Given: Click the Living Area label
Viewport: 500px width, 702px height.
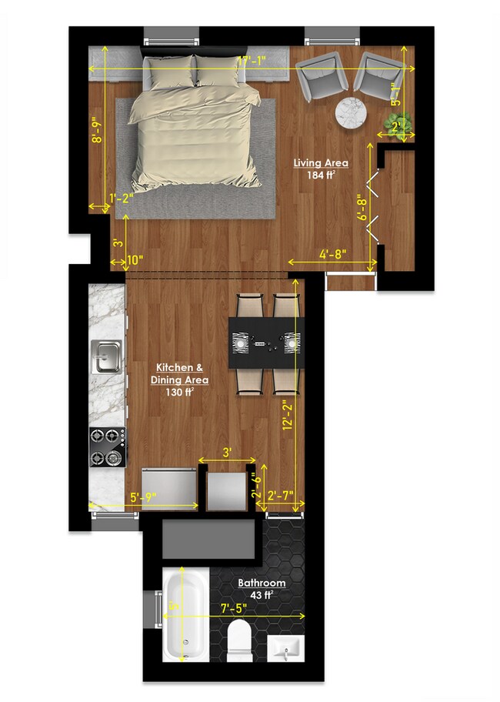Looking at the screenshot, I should point(322,163).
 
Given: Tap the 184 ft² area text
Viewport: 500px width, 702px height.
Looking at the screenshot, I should point(322,175).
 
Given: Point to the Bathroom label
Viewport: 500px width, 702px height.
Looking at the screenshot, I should point(262,583).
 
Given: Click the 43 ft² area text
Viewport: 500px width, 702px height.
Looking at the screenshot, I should point(262,594).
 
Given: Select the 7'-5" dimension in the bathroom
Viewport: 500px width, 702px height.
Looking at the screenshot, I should point(231,609).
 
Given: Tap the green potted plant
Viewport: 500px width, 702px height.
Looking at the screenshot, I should point(403,123).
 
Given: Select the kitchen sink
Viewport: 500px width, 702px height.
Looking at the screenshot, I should point(106,355).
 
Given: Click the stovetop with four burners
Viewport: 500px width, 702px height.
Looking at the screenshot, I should point(107,447).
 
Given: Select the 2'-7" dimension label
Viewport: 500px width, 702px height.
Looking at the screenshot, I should point(280,496).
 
